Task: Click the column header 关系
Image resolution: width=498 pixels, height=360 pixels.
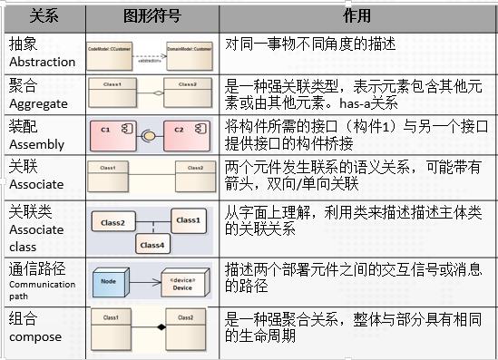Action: pos(43,16)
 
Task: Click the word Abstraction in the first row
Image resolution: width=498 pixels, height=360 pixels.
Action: pos(43,62)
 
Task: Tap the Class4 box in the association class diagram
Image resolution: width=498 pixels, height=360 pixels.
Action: pos(152,243)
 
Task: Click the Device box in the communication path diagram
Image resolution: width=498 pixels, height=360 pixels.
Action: pos(181,282)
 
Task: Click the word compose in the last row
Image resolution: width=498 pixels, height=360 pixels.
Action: pos(35,337)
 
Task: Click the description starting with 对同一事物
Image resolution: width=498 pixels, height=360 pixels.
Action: pos(299,43)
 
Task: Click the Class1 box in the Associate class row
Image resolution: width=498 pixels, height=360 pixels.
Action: pos(186,219)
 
